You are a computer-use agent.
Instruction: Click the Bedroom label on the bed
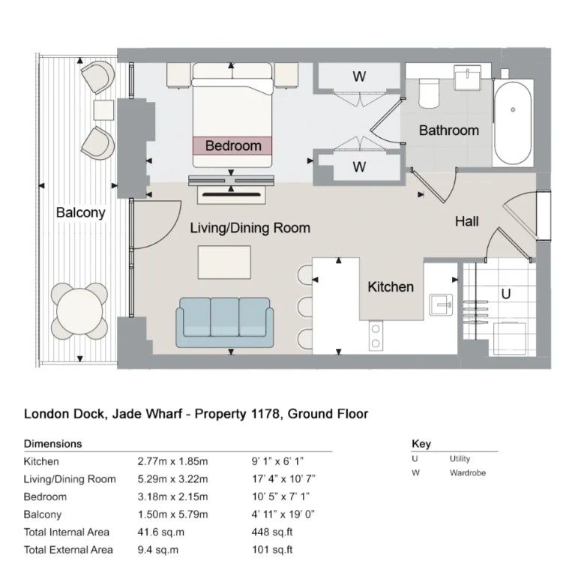click(x=233, y=145)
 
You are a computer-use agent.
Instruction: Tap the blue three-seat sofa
click(x=225, y=322)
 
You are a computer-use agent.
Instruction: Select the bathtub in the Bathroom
click(x=513, y=123)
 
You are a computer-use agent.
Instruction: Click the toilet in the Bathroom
click(x=429, y=94)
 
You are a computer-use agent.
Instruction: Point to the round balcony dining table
click(x=79, y=311)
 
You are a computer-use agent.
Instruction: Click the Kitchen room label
click(x=391, y=287)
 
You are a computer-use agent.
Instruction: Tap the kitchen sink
click(x=441, y=304)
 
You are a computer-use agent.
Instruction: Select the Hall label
click(x=467, y=221)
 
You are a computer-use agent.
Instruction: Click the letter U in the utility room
click(x=506, y=294)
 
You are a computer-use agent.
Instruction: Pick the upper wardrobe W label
click(x=359, y=76)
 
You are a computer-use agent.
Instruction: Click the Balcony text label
click(x=81, y=212)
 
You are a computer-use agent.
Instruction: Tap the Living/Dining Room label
click(x=250, y=228)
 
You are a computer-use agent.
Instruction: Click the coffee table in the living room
click(x=224, y=262)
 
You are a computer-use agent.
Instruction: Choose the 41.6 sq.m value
click(x=161, y=532)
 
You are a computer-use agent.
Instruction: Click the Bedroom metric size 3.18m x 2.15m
click(x=172, y=496)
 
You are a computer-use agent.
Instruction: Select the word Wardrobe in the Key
click(x=468, y=472)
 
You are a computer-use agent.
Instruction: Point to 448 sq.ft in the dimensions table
click(x=272, y=532)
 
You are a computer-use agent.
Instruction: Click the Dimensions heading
click(x=53, y=443)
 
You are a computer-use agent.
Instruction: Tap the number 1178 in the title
click(x=266, y=413)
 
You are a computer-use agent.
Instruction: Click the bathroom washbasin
click(x=468, y=77)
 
